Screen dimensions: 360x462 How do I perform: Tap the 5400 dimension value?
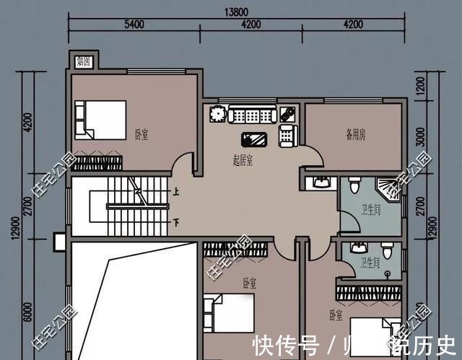(x=134, y=24)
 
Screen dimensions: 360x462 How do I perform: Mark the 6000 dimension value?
(x=28, y=314)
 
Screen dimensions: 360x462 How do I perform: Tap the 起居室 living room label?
(x=242, y=160)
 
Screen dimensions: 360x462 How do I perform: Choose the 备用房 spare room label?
(x=355, y=133)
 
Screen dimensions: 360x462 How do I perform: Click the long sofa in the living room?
(x=251, y=115)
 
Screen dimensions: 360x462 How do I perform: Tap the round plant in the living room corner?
(x=217, y=114)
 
